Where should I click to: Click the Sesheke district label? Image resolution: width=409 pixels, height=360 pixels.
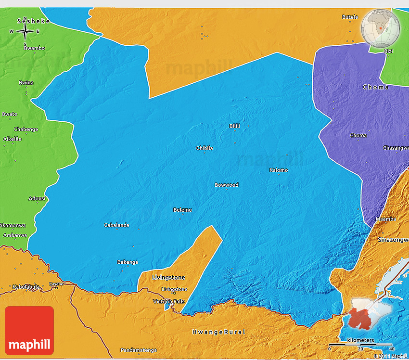(x=30, y=21)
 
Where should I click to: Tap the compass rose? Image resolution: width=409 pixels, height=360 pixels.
(x=25, y=32)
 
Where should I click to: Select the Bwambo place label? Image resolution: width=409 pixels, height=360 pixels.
(x=34, y=48)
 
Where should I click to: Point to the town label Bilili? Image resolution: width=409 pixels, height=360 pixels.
(x=235, y=126)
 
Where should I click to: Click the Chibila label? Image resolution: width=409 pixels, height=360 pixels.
(x=204, y=148)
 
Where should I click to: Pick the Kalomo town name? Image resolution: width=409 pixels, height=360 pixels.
(x=279, y=170)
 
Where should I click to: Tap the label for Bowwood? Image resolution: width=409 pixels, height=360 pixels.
(x=227, y=185)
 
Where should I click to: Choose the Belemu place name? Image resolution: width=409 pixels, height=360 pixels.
(x=182, y=210)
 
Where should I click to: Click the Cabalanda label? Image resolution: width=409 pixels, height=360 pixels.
(x=116, y=225)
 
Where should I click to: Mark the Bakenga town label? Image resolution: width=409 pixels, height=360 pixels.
(x=128, y=262)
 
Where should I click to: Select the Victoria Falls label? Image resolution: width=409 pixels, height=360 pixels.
(x=169, y=301)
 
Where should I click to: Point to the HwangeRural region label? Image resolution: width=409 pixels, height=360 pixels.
(x=219, y=332)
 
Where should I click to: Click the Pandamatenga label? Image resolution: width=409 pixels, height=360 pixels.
(x=139, y=350)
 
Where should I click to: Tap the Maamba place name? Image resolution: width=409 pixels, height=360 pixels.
(x=386, y=219)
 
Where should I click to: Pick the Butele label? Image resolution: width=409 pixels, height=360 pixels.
(x=350, y=17)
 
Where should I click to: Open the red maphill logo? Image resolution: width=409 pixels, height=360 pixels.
(x=29, y=331)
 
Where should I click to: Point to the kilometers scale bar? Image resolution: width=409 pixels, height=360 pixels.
(x=360, y=347)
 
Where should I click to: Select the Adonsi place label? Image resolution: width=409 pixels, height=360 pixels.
(x=37, y=198)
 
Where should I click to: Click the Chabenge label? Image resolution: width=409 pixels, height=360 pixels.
(x=26, y=129)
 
